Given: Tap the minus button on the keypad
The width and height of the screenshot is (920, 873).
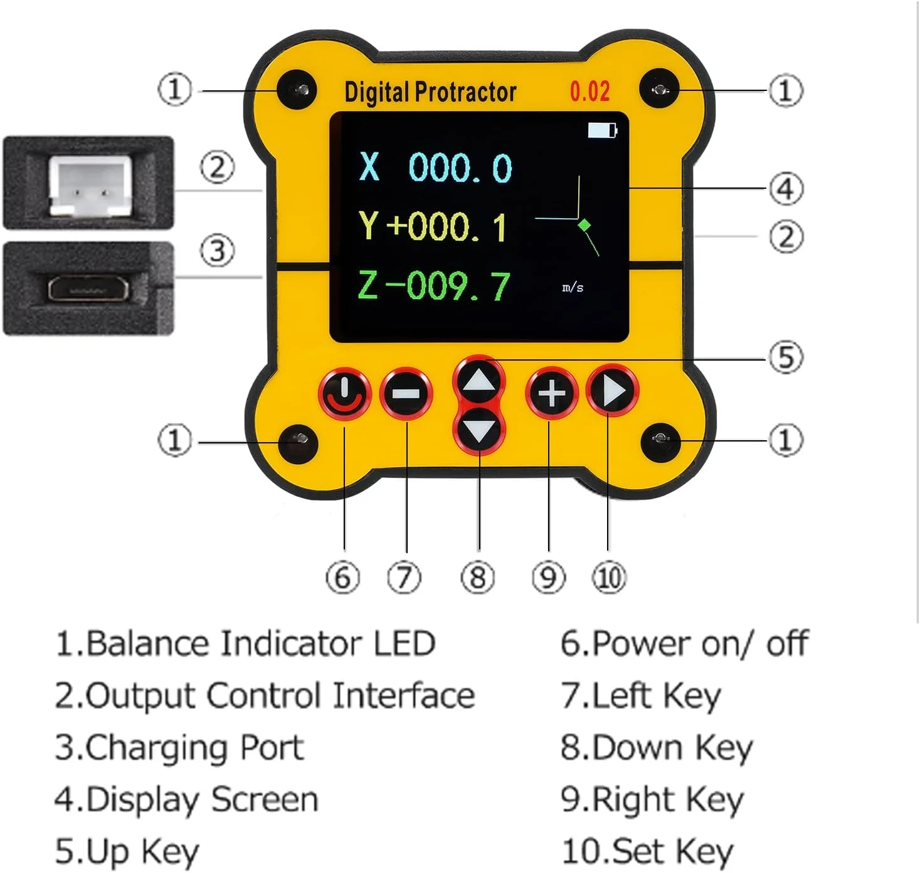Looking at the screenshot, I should [x=406, y=394].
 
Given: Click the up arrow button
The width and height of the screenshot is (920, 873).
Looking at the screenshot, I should [x=479, y=381].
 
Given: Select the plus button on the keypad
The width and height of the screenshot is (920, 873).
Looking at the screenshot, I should [x=551, y=394].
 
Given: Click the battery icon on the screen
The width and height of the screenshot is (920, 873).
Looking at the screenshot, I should [x=602, y=130].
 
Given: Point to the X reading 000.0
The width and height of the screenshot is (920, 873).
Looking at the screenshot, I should [x=460, y=168].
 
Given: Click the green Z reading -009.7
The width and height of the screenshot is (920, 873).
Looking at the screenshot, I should [x=448, y=286].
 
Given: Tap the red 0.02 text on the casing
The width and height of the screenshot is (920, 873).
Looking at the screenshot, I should [x=590, y=92].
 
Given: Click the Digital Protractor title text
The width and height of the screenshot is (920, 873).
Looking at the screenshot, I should [x=430, y=92].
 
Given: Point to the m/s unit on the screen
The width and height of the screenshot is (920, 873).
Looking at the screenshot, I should [x=573, y=288].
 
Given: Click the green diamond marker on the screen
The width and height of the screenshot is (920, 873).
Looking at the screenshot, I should [x=584, y=224].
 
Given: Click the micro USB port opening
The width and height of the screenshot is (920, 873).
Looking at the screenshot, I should [x=88, y=289].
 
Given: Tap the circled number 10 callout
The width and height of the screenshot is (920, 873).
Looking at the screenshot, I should [x=608, y=578].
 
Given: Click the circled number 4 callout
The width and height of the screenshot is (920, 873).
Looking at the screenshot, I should [x=786, y=189].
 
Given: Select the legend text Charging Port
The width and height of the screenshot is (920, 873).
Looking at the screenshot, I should [x=179, y=748].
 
